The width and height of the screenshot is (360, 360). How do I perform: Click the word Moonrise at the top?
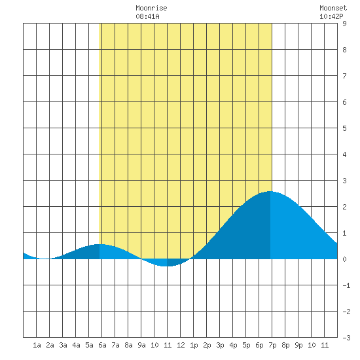pos(151,8)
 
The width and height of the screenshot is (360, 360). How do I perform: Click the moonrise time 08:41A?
pos(147,16)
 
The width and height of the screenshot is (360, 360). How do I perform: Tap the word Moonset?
pos(333,8)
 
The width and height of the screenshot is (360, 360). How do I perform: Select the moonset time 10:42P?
pos(331,16)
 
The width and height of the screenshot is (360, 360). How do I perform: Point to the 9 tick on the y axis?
pos(344,24)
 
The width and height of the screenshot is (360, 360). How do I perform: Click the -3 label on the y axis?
pos(346,338)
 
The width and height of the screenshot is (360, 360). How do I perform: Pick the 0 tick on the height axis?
pos(344,259)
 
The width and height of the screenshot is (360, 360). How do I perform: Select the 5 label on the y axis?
pos(344,128)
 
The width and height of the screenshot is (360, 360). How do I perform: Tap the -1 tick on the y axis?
pos(346,285)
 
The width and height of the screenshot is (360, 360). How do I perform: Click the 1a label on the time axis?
pos(37,345)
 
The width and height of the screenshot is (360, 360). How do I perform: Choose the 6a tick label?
pos(102,345)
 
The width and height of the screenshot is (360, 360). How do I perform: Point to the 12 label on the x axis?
pos(181,345)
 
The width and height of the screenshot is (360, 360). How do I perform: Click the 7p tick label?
pos(272,345)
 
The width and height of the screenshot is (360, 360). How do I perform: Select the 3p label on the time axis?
pos(220,345)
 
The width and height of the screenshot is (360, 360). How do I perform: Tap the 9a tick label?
pos(141,345)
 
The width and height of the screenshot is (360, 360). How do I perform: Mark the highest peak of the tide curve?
pos(270,191)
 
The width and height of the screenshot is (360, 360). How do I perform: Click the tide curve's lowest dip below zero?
pos(167,266)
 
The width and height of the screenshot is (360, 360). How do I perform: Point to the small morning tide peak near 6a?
pos(99,244)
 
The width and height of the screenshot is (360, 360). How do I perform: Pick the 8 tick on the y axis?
pos(344,50)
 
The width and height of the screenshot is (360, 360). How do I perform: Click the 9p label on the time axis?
pos(298,345)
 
